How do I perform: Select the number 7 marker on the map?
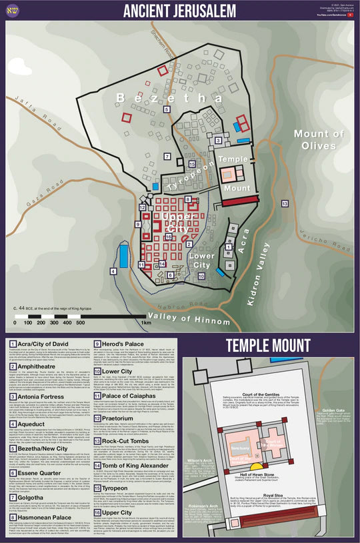click(168, 156)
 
